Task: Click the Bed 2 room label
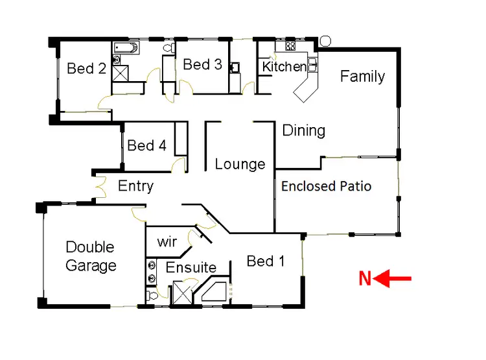click(86, 68)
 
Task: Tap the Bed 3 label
click(202, 64)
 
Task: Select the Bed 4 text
click(146, 145)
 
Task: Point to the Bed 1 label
click(265, 261)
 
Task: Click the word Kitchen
click(284, 67)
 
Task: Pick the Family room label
click(362, 77)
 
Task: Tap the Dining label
click(303, 130)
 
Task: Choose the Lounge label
click(240, 164)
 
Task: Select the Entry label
click(135, 187)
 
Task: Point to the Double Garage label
click(91, 256)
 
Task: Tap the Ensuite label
click(191, 267)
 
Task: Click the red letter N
click(365, 279)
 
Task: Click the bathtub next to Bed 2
click(126, 47)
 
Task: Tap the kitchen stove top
click(290, 46)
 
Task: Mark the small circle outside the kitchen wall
click(325, 41)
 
